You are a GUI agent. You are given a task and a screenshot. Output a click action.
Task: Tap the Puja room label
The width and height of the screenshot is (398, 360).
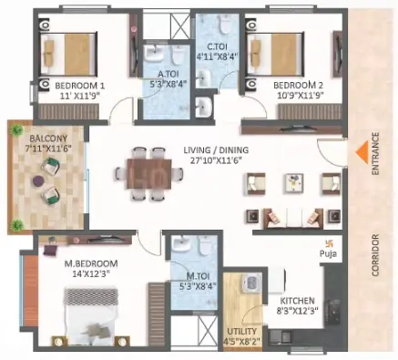tap(328, 253)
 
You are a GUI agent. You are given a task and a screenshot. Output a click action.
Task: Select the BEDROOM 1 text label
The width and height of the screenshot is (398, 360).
tap(80, 86)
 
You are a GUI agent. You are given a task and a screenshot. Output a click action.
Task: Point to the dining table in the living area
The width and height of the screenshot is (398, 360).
tap(149, 173)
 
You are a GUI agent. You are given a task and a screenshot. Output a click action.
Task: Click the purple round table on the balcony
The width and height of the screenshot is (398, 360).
tap(38, 181)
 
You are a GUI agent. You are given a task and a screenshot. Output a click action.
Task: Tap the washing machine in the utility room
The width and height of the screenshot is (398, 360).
tap(251, 282)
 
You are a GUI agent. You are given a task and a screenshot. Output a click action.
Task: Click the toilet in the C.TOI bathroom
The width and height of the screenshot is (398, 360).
tap(225, 25)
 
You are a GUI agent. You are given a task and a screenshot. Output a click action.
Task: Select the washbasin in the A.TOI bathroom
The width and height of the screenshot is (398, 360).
tap(155, 53)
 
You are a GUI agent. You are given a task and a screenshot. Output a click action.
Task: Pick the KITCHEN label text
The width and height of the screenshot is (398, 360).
tap(297, 301)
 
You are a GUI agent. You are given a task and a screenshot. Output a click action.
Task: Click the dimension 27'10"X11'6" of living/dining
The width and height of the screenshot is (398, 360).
tap(216, 159)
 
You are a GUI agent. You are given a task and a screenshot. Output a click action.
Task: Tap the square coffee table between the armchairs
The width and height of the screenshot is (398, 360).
tap(293, 183)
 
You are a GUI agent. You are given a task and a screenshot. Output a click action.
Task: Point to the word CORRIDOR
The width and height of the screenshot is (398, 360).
tap(375, 255)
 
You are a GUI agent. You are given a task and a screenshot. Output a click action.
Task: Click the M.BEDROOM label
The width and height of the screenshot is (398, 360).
tap(91, 263)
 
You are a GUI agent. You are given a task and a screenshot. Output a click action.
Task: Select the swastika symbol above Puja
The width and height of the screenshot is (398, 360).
tap(328, 243)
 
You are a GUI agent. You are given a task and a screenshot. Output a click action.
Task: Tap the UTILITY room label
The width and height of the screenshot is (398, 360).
tap(241, 331)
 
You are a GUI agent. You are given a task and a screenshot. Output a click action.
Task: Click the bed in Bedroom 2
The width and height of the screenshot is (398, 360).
tap(276, 54)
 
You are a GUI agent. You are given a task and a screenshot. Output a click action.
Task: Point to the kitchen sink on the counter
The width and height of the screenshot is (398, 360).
tap(334, 308)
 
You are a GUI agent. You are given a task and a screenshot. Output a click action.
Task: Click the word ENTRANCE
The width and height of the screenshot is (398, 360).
tap(375, 154)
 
